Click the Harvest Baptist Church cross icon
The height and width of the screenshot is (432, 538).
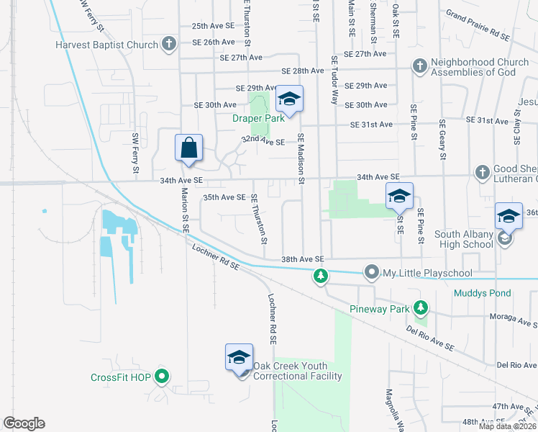169,45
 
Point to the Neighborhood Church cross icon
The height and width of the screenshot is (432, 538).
419,66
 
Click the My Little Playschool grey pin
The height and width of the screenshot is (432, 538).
371,272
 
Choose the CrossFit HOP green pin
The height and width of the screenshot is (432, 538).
162,377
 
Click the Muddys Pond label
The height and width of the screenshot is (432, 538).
482,293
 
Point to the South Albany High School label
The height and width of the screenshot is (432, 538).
463,239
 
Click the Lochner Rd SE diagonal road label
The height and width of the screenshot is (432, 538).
216,257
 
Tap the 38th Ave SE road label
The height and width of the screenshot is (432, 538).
303,258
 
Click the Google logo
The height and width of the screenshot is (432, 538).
24,423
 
